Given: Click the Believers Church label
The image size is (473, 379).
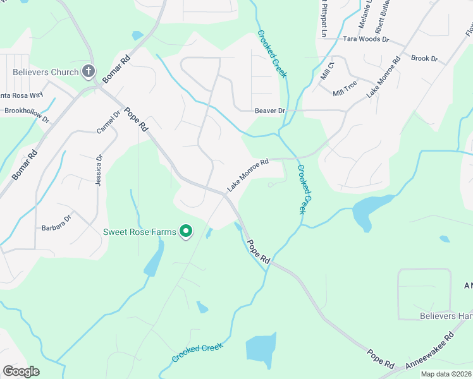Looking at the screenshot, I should (46, 72).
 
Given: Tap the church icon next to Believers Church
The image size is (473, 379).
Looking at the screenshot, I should (89, 71).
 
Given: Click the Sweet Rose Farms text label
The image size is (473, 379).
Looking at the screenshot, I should (139, 232).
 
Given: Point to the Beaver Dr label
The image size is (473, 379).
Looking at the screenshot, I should (270, 111).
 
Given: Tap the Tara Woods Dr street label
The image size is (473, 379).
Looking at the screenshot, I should (365, 39).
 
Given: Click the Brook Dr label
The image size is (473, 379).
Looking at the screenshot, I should (424, 59).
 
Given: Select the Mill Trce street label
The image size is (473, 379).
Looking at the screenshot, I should (345, 88).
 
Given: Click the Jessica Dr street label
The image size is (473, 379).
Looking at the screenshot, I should (99, 171).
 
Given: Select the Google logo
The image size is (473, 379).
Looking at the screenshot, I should (21, 371).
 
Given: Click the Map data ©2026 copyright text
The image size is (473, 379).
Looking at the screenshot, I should (446, 374).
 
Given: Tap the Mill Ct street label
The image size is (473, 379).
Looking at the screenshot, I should (327, 70).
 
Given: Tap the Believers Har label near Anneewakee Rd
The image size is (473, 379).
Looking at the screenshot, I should (446, 316).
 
